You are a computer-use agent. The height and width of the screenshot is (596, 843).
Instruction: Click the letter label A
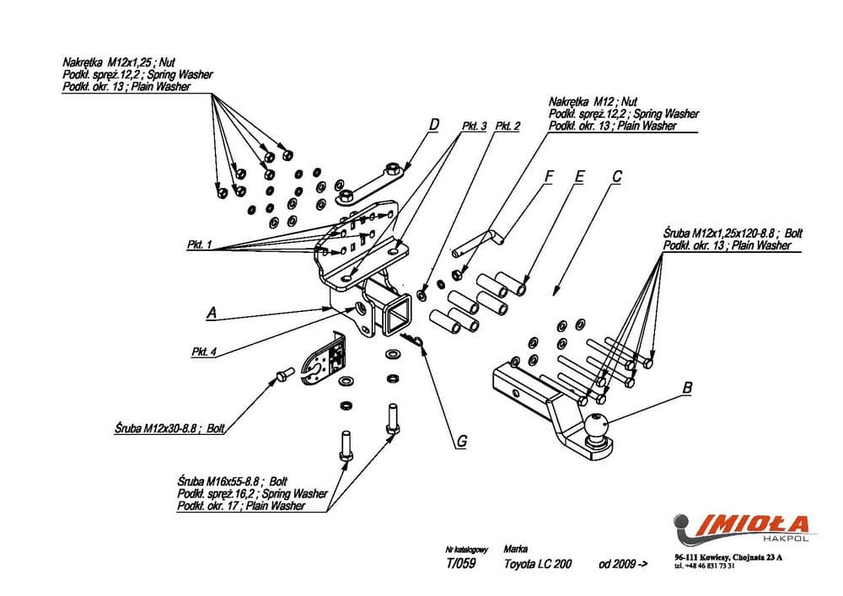[212, 313]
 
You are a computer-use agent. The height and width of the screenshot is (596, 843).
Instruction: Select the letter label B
[687, 388]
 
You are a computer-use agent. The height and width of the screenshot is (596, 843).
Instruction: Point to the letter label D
[433, 126]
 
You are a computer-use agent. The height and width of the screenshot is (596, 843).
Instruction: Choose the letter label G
[462, 440]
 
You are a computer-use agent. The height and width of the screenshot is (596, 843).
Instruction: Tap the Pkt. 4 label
[206, 352]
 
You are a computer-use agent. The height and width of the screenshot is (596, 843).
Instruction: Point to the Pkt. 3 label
[475, 126]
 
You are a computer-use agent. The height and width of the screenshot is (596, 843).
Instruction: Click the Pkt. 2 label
[507, 126]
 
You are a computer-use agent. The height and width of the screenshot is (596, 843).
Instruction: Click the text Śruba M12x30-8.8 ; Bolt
[169, 428]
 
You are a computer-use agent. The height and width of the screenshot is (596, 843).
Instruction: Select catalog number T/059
[461, 564]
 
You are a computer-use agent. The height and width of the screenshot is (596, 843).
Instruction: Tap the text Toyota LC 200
[537, 564]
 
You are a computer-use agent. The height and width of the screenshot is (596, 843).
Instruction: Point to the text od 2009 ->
[624, 564]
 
